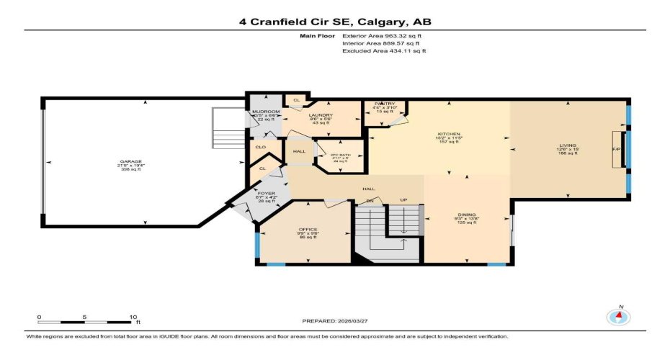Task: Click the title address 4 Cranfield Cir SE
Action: click(x=335, y=22)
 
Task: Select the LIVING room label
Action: click(x=568, y=145)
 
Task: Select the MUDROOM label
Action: click(x=264, y=112)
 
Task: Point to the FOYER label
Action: click(x=267, y=193)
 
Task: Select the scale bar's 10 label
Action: click(x=132, y=317)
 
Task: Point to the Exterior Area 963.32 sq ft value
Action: click(x=384, y=35)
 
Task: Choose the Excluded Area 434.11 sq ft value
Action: click(x=384, y=51)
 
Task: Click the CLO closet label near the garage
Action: click(x=260, y=147)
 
